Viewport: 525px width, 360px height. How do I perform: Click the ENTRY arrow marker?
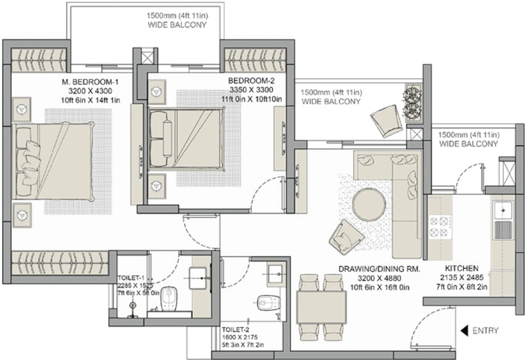[x=464, y=331]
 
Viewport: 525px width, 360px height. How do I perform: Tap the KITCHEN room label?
[x=461, y=268]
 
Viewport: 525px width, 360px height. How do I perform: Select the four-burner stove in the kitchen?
[x=439, y=226]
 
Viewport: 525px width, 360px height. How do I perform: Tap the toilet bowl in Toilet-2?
[x=269, y=303]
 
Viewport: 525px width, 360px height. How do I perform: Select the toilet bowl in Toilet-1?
[x=169, y=299]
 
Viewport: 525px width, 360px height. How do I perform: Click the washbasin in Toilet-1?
[x=198, y=278]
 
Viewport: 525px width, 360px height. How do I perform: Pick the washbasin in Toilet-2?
[x=277, y=274]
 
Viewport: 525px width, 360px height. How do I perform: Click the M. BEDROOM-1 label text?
[x=90, y=82]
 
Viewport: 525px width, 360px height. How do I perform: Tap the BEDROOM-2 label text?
[x=251, y=81]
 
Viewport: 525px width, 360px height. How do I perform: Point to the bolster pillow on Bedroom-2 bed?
[x=167, y=138]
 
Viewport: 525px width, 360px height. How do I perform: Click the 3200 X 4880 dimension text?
[x=379, y=278]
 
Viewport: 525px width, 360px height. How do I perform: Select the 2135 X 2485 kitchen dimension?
[x=462, y=277]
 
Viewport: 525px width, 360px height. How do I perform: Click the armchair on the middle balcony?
[x=386, y=121]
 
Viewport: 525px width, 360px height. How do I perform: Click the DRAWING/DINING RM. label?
[x=379, y=269]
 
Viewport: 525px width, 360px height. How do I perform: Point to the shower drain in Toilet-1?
[x=133, y=305]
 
